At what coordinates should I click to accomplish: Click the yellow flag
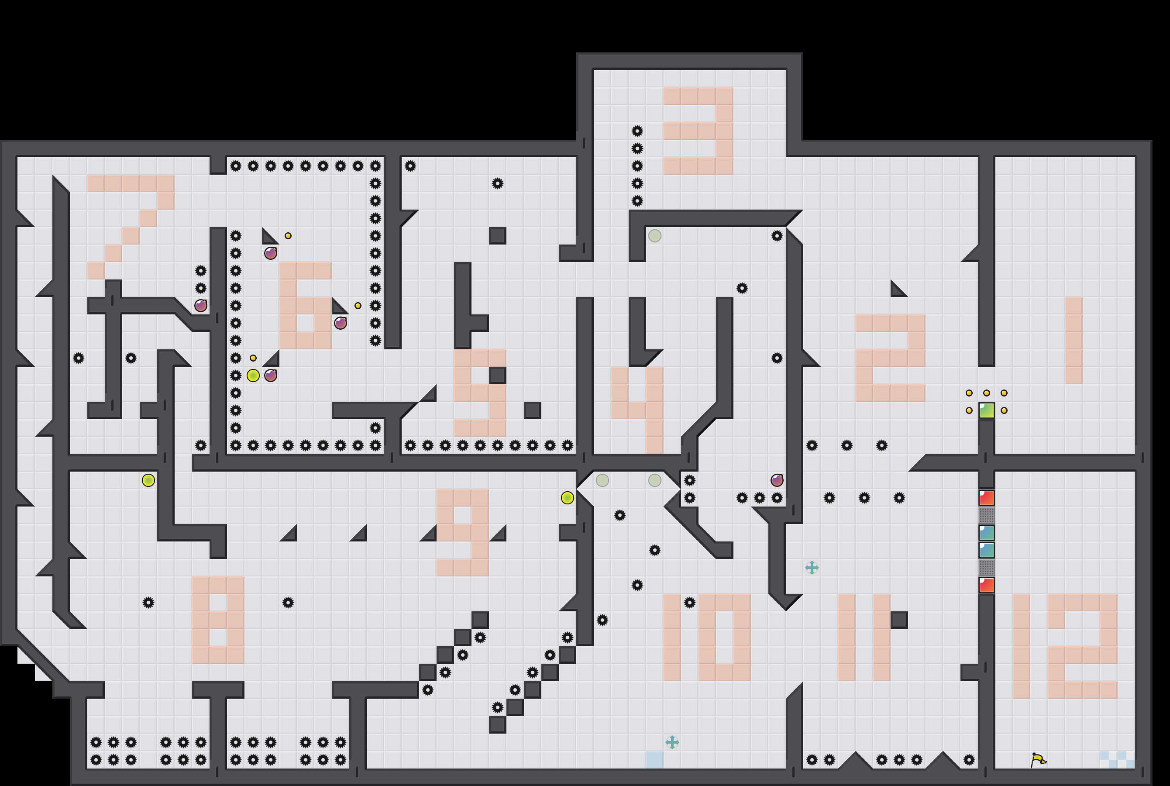click(x=1038, y=760)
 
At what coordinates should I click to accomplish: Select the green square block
click(x=987, y=410)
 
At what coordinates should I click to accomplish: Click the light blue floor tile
click(x=654, y=759)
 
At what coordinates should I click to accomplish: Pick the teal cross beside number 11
click(x=812, y=567)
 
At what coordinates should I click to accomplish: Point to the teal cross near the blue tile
click(x=672, y=742)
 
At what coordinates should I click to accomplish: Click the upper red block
click(x=987, y=498)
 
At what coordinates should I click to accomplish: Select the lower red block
click(x=987, y=585)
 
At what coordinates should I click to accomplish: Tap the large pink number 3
click(x=699, y=131)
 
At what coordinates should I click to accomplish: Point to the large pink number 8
click(x=218, y=620)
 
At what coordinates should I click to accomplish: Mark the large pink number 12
click(x=1065, y=646)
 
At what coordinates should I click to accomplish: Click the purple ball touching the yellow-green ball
click(x=271, y=376)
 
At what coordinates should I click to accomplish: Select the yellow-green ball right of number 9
click(x=567, y=498)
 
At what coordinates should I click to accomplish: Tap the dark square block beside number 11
click(x=899, y=620)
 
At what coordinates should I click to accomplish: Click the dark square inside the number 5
click(x=498, y=376)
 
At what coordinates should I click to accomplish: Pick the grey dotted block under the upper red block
click(x=987, y=515)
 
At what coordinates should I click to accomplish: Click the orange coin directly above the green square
click(x=987, y=393)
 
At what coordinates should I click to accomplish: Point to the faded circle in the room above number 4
click(x=654, y=236)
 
